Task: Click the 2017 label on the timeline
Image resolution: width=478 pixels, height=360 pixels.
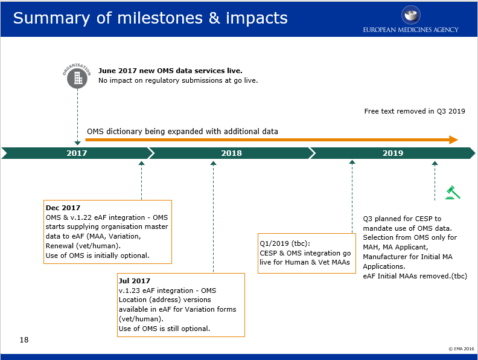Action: pyautogui.click(x=77, y=153)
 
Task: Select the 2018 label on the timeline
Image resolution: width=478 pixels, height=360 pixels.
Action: pyautogui.click(x=231, y=153)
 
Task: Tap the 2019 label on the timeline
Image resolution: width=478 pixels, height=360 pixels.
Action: pyautogui.click(x=393, y=153)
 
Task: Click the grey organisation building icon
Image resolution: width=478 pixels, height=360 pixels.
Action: pyautogui.click(x=77, y=79)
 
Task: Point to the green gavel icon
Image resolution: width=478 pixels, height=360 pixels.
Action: pyautogui.click(x=453, y=193)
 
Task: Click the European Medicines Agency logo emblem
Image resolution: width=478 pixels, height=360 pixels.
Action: pyautogui.click(x=410, y=14)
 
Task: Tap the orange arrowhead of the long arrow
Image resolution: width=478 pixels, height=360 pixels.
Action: pyautogui.click(x=454, y=140)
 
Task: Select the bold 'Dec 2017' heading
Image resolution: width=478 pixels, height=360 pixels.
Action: pyautogui.click(x=63, y=208)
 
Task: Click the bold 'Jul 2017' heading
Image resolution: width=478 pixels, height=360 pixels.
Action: pyautogui.click(x=135, y=281)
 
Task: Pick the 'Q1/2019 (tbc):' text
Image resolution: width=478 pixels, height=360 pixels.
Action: pyautogui.click(x=285, y=243)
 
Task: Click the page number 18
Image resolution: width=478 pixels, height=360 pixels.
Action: pyautogui.click(x=24, y=340)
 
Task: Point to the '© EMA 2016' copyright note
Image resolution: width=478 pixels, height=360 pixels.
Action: pyautogui.click(x=461, y=349)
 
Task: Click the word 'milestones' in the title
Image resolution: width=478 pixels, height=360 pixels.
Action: pyautogui.click(x=160, y=18)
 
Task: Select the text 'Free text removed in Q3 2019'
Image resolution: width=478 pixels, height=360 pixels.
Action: pyautogui.click(x=415, y=111)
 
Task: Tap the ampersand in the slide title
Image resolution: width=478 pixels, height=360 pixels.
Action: pyautogui.click(x=214, y=18)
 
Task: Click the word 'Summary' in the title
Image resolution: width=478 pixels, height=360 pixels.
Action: pyautogui.click(x=51, y=19)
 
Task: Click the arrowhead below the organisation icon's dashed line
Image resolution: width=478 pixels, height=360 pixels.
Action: pyautogui.click(x=77, y=143)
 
